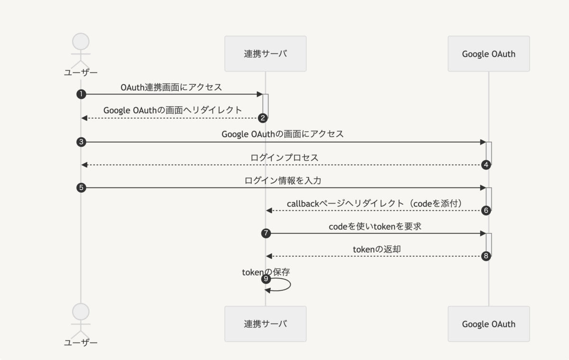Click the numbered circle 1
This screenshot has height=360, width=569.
click(81, 94)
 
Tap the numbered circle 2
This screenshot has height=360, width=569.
click(263, 118)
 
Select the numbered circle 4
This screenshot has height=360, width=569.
click(486, 165)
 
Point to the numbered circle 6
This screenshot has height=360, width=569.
click(486, 211)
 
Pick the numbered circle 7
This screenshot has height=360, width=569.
click(266, 233)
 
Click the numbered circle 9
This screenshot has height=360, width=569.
click(266, 279)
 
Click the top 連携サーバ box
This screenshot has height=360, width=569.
click(266, 54)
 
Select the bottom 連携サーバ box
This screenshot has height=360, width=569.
click(266, 324)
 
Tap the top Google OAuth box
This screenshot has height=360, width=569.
click(489, 54)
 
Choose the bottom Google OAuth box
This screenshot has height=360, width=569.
click(489, 324)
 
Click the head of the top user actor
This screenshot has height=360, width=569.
click(81, 41)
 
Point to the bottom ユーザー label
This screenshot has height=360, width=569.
click(81, 343)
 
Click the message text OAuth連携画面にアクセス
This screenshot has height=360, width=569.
click(171, 87)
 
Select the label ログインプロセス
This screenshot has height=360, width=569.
click(284, 157)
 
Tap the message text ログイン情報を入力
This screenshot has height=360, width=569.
click(283, 180)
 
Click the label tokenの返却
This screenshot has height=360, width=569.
click(376, 249)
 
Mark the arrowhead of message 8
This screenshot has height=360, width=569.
click(269, 256)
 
